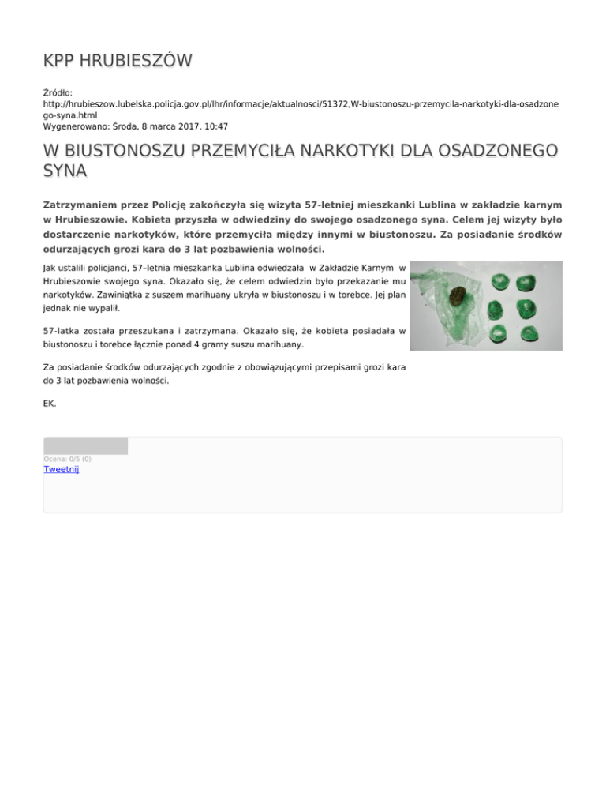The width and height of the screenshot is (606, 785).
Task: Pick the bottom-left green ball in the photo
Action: click(498, 332)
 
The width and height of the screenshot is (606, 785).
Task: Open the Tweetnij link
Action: click(62, 469)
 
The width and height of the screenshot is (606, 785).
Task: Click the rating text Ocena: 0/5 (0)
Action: click(68, 459)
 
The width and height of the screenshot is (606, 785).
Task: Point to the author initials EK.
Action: click(49, 404)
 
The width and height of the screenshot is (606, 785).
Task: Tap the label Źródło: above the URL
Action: click(58, 92)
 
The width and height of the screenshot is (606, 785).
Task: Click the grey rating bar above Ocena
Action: click(85, 446)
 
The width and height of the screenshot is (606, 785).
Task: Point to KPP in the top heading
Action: click(59, 61)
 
